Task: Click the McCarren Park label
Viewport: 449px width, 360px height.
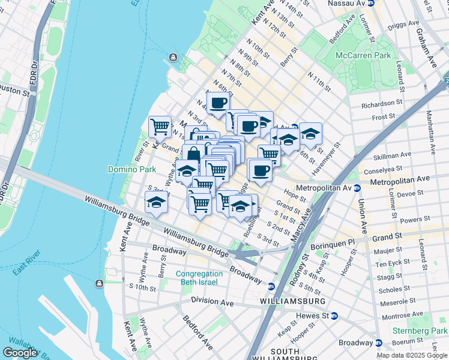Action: pos(364,55)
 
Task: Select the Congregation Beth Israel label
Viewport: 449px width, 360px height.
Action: pos(199,278)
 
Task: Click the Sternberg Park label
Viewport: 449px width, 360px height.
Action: pos(420,331)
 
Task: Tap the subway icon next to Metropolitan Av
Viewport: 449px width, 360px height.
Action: pos(357,188)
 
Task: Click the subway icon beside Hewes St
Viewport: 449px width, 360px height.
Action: pos(334,316)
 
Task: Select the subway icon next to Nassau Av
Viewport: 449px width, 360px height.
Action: pos(371,3)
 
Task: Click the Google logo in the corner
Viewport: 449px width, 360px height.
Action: pos(20,353)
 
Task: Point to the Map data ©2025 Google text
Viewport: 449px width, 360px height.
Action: pos(412,355)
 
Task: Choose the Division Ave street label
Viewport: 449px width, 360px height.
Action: pos(212,301)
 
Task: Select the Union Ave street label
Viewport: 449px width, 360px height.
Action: pos(364,215)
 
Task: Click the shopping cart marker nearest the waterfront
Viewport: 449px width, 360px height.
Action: pos(160,126)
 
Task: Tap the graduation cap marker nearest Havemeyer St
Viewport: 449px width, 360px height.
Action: pos(310,133)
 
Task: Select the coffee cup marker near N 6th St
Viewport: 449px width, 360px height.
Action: pos(217,102)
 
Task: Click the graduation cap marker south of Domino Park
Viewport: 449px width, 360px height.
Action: pos(156,202)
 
